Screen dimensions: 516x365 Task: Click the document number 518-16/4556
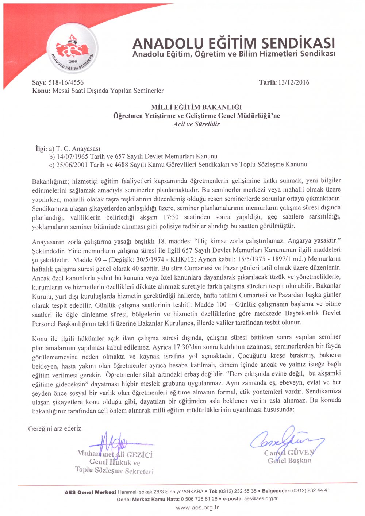click(66, 83)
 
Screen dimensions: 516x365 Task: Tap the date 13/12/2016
click(293, 82)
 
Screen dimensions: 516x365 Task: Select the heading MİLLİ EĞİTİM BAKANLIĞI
click(196, 107)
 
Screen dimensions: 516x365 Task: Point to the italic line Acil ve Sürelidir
click(196, 124)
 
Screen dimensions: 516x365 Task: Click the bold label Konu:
click(41, 91)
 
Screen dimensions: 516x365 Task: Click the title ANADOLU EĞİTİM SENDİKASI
click(233, 43)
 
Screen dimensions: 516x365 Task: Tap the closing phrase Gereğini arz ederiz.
click(55, 428)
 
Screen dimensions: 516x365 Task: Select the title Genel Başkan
click(289, 461)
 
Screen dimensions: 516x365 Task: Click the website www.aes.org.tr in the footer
click(197, 508)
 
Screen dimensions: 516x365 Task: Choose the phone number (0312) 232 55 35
click(238, 491)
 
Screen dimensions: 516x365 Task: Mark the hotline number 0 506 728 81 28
click(199, 499)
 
